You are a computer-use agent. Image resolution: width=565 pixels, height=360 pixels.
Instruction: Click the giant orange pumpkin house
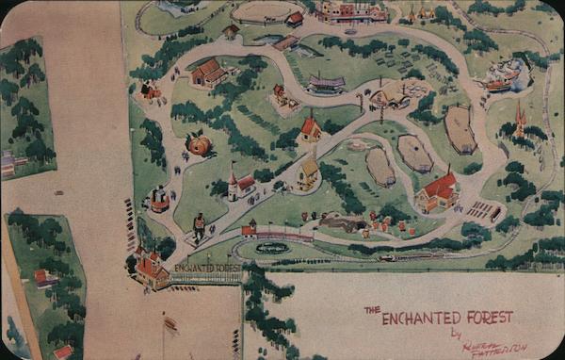[199, 144]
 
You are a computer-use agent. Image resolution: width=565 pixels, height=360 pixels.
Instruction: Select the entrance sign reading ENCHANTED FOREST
[206, 269]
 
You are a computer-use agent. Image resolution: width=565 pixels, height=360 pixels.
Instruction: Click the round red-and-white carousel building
[159, 199]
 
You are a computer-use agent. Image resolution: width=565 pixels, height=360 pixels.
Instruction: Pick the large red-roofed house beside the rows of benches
[437, 190]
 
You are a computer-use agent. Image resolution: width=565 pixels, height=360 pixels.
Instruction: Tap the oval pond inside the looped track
[273, 248]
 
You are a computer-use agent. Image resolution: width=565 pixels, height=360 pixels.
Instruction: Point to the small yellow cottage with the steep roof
[308, 172]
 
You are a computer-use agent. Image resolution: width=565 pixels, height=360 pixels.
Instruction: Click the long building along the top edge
[351, 11]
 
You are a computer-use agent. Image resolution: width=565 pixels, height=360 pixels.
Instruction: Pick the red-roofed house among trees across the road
[44, 277]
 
